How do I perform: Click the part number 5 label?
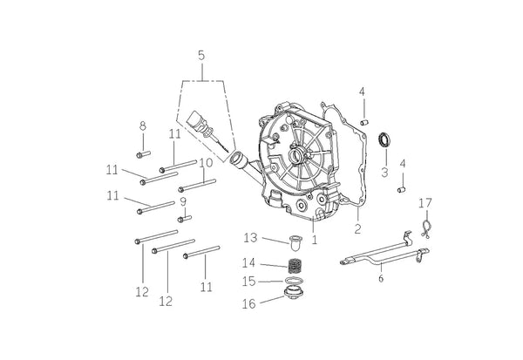201,56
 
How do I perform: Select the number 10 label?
206,162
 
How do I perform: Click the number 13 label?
249,237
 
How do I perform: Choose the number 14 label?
249,262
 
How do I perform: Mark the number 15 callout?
249,281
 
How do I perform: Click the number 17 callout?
426,203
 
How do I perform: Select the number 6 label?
380,279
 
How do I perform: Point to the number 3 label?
384,173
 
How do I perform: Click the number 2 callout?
357,230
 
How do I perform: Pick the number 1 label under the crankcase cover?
314,237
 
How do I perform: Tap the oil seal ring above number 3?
384,139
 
